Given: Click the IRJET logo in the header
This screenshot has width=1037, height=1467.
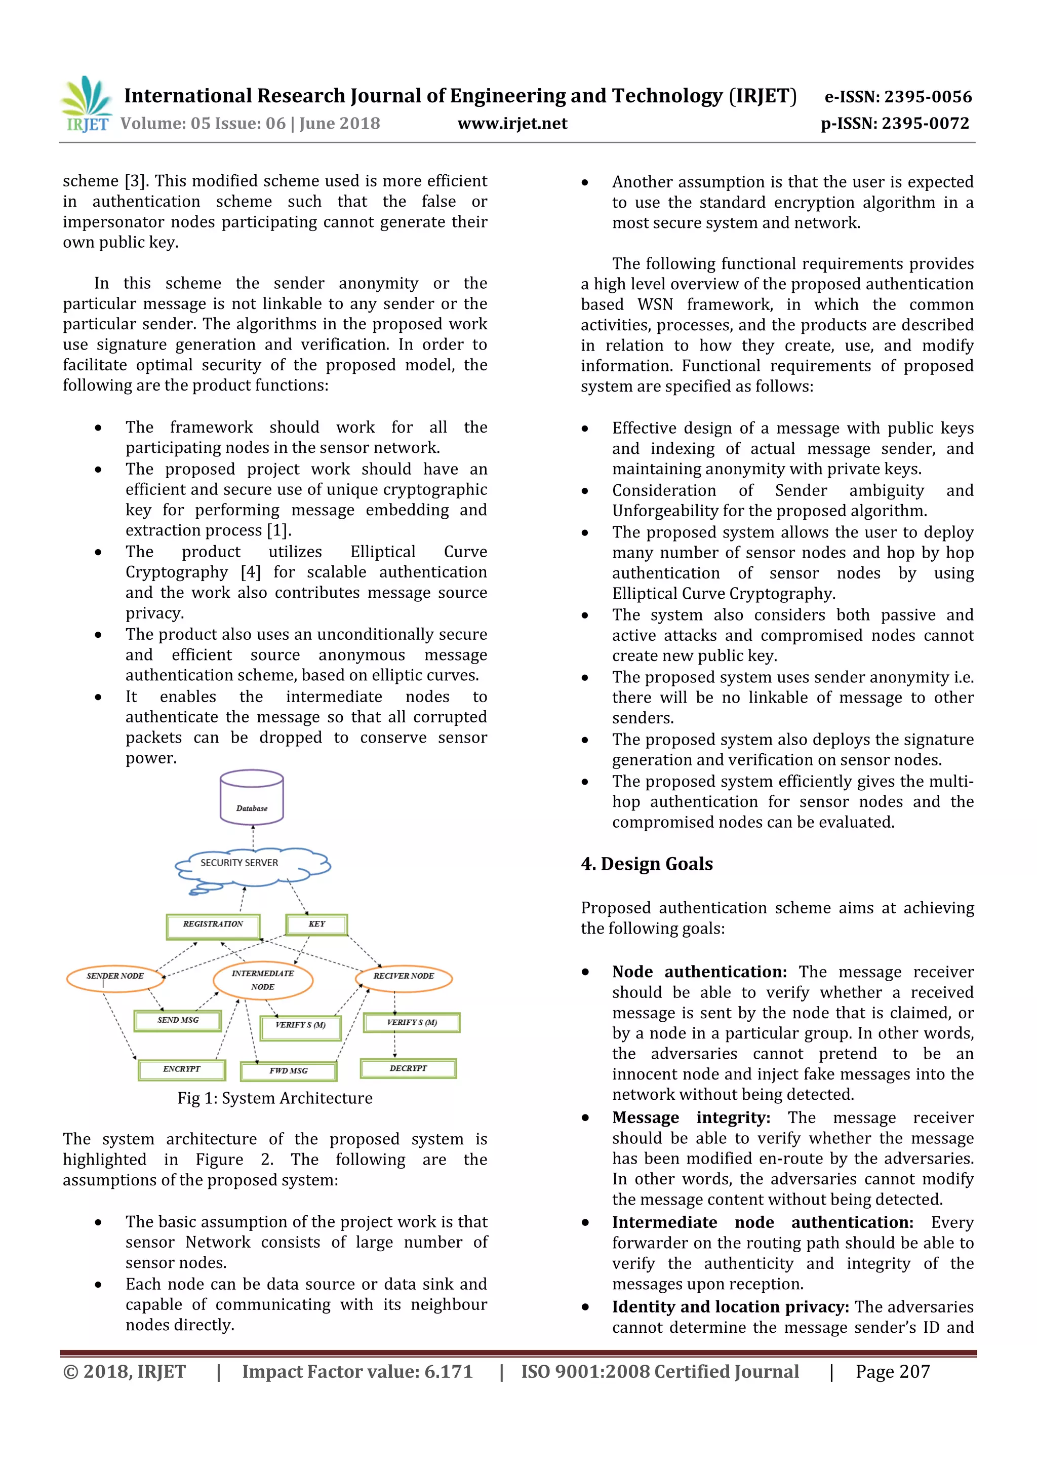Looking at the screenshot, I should [x=87, y=104].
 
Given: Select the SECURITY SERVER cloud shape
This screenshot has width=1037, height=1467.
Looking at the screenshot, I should [x=252, y=866].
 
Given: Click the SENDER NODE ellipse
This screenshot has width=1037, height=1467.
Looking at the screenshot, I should [x=115, y=977].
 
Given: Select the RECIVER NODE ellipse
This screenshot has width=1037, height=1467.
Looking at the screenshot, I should [x=404, y=977].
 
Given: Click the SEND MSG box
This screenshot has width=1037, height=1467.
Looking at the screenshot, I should [x=178, y=1020].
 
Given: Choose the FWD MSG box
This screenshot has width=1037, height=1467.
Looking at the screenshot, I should [x=288, y=1071].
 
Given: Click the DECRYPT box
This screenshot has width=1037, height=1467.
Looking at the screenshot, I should [x=408, y=1068].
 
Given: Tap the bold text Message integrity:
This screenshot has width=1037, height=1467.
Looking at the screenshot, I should [x=691, y=1117].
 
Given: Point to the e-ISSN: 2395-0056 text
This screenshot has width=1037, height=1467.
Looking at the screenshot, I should [x=898, y=97].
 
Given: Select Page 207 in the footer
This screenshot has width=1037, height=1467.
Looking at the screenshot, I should [x=892, y=1372].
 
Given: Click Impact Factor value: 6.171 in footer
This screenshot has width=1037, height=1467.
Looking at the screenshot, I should [x=357, y=1372].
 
